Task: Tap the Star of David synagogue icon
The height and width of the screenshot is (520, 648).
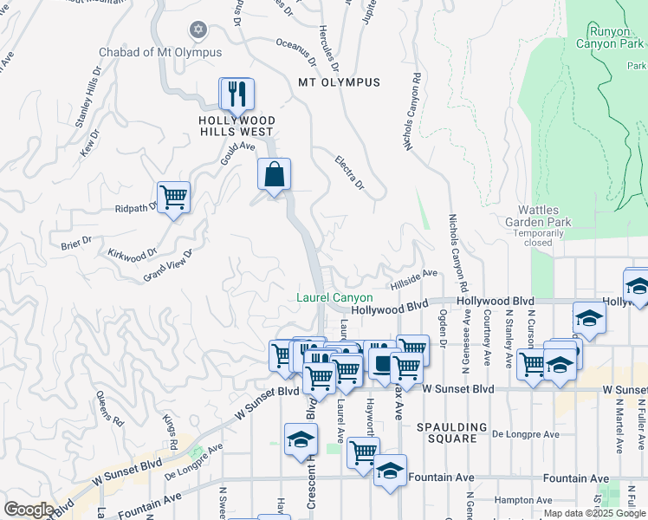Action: pyautogui.click(x=198, y=30)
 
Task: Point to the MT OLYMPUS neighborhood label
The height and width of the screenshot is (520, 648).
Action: pyautogui.click(x=339, y=82)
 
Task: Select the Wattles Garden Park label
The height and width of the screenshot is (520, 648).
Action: pyautogui.click(x=545, y=216)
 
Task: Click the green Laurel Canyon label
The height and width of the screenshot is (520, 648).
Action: pyautogui.click(x=334, y=297)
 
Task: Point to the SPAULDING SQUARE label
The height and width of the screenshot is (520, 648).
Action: pyautogui.click(x=451, y=432)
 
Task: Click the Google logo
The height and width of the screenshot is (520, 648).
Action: pyautogui.click(x=29, y=510)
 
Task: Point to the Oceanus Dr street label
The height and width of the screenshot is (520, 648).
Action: pyautogui.click(x=296, y=51)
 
